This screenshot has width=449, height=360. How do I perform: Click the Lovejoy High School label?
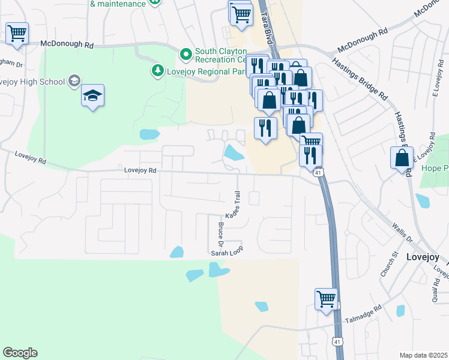(x=33, y=81)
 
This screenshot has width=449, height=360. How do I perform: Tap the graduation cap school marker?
(x=92, y=96)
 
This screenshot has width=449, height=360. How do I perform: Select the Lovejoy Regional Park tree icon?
(x=157, y=71)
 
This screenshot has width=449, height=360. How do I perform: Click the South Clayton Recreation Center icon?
(x=186, y=55)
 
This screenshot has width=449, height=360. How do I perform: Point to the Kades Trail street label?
(x=233, y=205)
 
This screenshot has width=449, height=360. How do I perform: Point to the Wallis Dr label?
(x=403, y=232)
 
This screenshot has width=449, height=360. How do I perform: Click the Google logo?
(x=20, y=352)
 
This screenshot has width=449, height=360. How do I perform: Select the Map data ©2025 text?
(x=423, y=355)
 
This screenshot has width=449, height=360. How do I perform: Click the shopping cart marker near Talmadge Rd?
(x=326, y=299)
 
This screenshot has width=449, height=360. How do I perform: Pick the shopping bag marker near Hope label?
(x=402, y=158)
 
